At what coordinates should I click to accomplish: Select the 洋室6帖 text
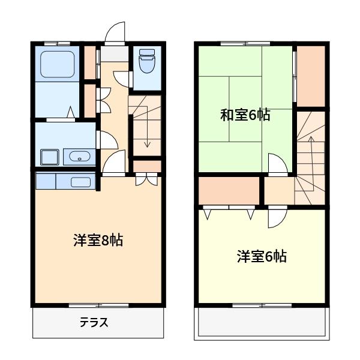pyautogui.click(x=261, y=257)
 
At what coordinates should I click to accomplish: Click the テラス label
pyautogui.click(x=94, y=323)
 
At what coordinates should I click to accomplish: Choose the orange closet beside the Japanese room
pyautogui.click(x=311, y=74)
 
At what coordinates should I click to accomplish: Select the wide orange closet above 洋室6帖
pyautogui.click(x=229, y=190)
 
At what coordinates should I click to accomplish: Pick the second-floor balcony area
pyautogui.click(x=261, y=324)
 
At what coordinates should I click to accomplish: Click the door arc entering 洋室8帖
pyautogui.click(x=114, y=162)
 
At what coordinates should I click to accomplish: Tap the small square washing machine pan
pyautogui.click(x=49, y=157)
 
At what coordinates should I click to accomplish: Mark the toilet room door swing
pyautogui.click(x=123, y=78)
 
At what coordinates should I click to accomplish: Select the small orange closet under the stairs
pyautogui.click(x=146, y=166)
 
